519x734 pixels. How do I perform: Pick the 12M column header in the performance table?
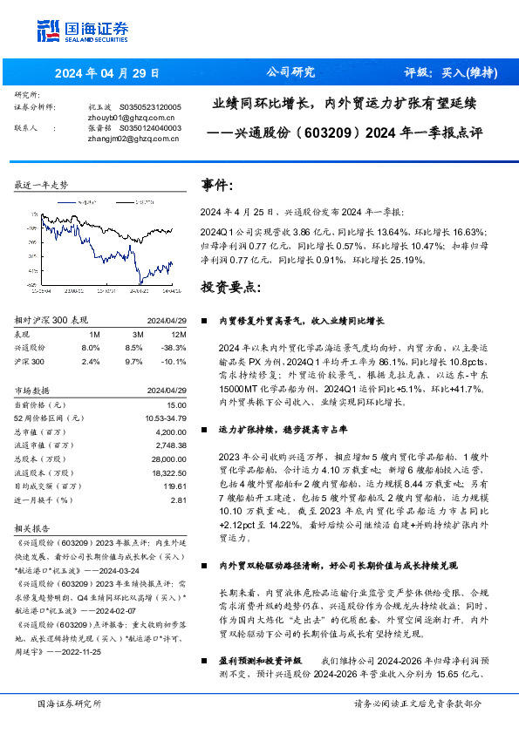[x=180, y=334]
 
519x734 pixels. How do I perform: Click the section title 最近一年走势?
[x=41, y=185]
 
